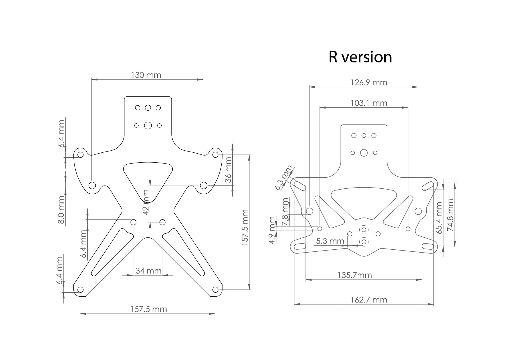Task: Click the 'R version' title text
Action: [360, 57]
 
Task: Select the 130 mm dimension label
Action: [146, 75]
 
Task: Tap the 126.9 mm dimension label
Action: [369, 82]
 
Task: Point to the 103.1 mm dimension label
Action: [369, 103]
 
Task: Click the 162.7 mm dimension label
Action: [369, 300]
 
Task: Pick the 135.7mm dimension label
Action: [355, 275]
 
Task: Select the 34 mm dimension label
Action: [149, 271]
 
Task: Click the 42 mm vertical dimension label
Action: [146, 202]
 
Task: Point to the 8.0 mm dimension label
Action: [61, 210]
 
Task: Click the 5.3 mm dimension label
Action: [330, 241]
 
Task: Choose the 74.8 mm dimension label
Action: [450, 215]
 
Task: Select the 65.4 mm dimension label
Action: [439, 218]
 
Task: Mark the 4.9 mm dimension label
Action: [272, 230]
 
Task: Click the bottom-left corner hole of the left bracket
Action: [80, 289]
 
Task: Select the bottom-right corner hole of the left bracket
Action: [215, 289]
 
